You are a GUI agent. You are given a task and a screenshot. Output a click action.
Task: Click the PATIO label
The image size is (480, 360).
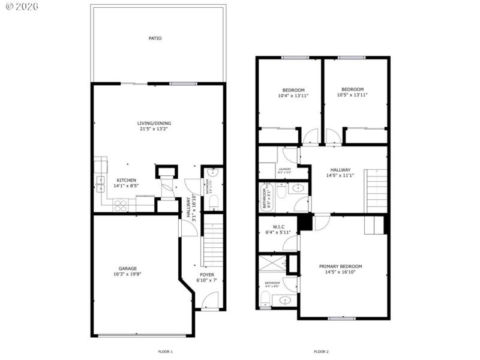(155, 38)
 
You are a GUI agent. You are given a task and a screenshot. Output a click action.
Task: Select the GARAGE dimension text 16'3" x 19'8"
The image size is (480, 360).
(127, 274)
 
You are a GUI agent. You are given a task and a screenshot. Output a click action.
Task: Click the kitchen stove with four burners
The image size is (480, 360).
(121, 205)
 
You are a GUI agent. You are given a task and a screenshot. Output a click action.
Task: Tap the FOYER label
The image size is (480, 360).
(206, 275)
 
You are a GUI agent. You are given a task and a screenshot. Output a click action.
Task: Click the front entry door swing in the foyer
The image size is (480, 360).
(209, 300)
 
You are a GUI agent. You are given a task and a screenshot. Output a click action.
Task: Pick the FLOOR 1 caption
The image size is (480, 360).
(165, 352)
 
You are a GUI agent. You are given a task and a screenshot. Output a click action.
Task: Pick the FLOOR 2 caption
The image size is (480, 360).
(321, 352)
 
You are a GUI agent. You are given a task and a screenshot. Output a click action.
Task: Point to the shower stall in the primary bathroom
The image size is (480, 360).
(270, 264)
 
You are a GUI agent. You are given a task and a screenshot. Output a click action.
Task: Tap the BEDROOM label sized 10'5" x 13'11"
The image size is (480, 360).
(352, 89)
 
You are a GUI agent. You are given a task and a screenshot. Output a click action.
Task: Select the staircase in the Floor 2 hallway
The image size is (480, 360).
(376, 191)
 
